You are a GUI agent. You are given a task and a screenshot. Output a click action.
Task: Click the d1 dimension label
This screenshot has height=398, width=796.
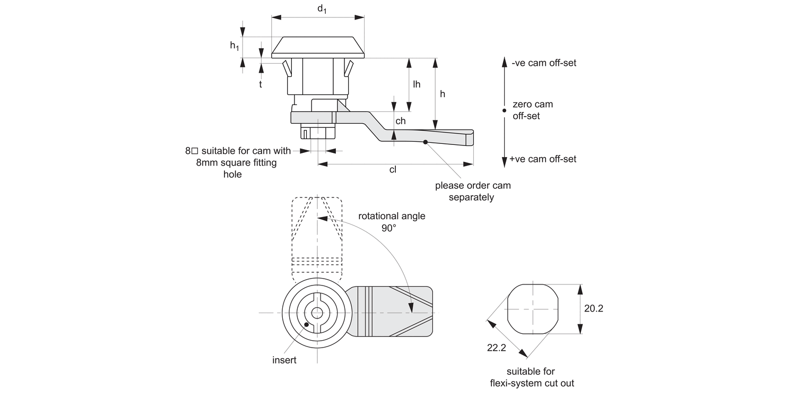322,10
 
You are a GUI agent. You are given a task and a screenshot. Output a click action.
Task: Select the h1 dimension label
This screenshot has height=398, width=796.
234,46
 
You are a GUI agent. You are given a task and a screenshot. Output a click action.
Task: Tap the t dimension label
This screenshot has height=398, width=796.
261,83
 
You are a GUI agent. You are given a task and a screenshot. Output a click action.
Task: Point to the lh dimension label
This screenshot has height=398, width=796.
417,84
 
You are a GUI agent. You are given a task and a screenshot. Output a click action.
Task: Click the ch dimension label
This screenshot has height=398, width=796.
401,121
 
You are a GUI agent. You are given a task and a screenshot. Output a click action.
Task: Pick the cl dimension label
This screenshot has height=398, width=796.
393,170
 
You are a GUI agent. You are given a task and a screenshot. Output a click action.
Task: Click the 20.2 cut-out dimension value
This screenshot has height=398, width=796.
593,308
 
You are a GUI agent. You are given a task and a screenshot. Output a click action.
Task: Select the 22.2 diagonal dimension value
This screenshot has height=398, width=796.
496,348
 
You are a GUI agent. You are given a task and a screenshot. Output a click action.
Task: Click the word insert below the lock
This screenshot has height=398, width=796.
284,360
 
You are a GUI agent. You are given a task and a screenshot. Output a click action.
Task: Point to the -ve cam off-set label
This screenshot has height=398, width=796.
544,63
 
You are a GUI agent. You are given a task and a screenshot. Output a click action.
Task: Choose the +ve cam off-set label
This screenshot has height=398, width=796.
542,159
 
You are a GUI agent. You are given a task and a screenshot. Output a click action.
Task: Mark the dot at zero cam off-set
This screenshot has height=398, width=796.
504,110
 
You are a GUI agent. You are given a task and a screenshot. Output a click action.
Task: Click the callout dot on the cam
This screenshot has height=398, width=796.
426,142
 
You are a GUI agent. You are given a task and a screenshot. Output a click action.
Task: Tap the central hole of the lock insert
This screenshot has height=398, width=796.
317,313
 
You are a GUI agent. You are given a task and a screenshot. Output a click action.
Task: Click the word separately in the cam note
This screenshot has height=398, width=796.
471,197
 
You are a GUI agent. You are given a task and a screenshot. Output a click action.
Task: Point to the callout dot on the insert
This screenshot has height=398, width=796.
306,325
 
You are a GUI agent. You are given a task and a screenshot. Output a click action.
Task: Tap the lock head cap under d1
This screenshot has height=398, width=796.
318,47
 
